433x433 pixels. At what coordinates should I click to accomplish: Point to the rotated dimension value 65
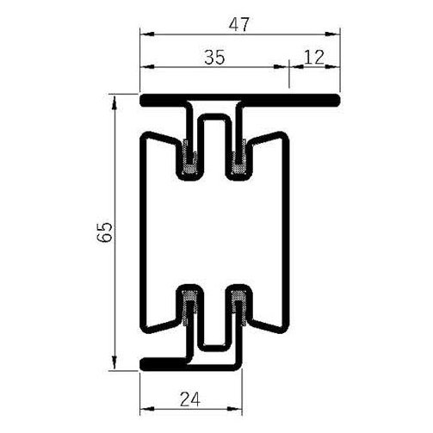(x=104, y=232)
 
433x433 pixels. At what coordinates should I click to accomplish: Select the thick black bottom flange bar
(x=164, y=362)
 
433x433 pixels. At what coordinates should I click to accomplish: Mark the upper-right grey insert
(x=241, y=156)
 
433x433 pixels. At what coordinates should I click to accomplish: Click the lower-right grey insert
(x=241, y=306)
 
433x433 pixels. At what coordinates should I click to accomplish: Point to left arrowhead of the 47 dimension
(x=145, y=33)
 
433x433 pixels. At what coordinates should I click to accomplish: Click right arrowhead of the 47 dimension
(x=337, y=33)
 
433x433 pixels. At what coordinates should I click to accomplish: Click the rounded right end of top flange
(x=338, y=102)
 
